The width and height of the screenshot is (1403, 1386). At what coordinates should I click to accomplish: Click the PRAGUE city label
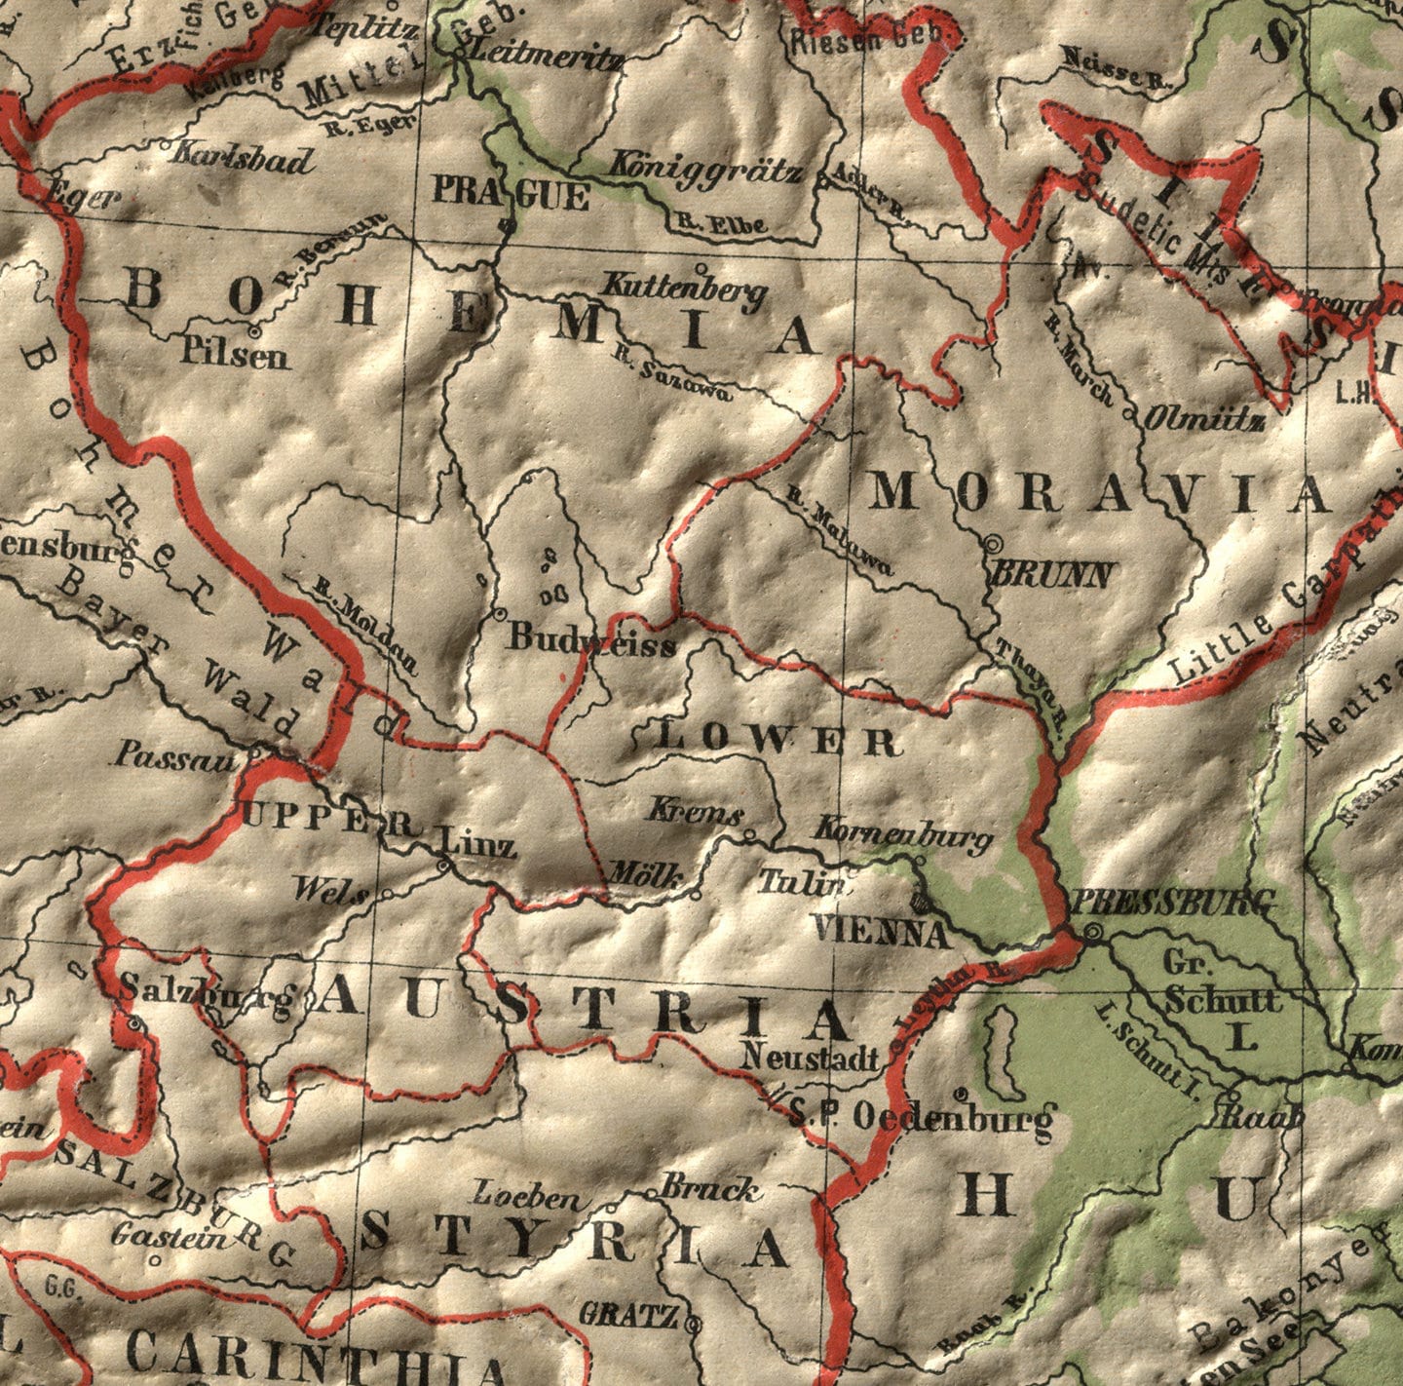[x=511, y=193]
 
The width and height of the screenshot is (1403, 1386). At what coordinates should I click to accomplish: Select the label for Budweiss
[x=591, y=639]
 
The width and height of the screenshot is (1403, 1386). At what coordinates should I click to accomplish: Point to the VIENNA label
[x=881, y=932]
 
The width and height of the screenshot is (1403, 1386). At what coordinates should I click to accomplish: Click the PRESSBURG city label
[x=1173, y=903]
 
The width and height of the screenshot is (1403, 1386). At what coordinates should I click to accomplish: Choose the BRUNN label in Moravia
[x=1050, y=574]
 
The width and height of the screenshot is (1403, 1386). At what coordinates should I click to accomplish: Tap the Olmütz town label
[x=1204, y=420]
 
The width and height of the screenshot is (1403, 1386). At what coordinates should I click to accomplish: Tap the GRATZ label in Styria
[x=628, y=1315]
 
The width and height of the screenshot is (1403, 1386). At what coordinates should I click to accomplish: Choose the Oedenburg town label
[x=954, y=1116]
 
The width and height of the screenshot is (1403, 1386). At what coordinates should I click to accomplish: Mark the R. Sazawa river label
[x=672, y=374]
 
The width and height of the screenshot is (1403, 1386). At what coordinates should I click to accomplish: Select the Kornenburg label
[x=902, y=833]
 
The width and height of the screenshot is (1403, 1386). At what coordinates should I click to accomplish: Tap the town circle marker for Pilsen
[x=256, y=329]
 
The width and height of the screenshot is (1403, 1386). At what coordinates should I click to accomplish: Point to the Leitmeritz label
[x=547, y=58]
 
